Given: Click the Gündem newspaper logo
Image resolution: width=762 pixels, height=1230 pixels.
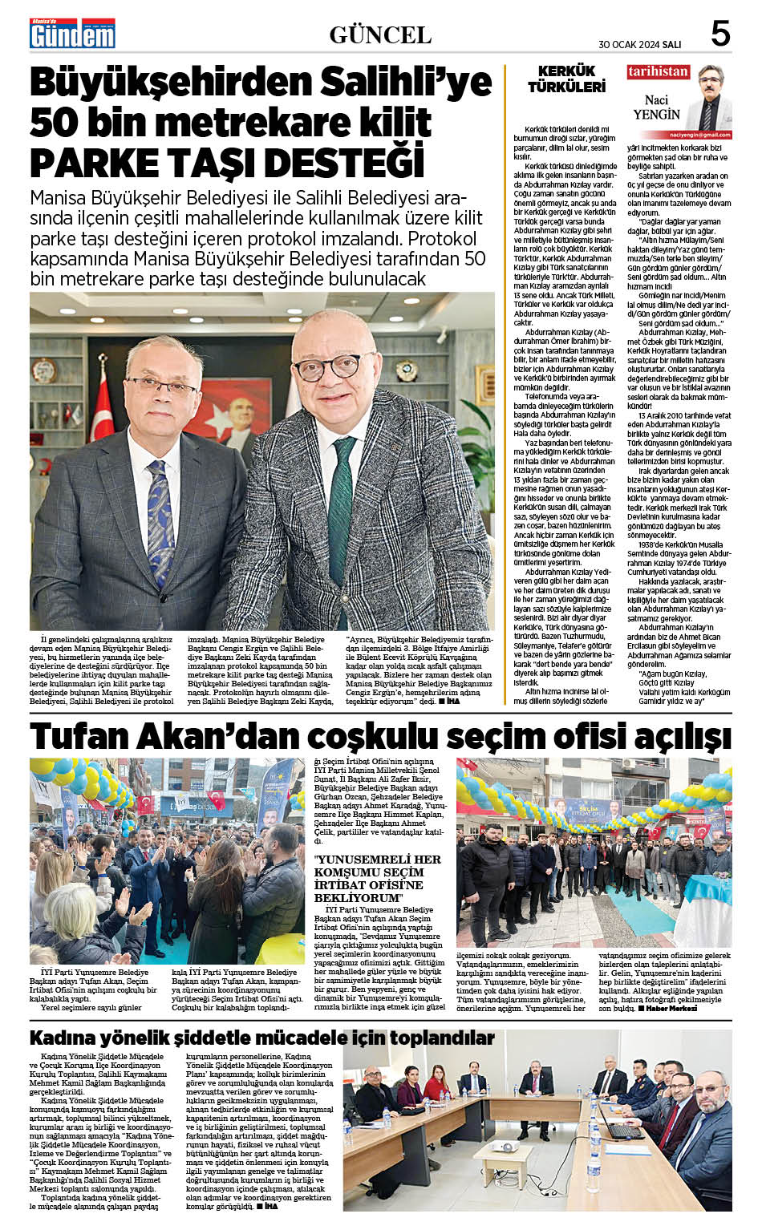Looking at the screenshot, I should click(72, 34).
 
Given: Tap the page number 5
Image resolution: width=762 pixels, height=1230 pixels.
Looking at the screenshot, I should click(719, 34).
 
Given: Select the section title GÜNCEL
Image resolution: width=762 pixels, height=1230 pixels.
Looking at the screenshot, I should click(380, 35).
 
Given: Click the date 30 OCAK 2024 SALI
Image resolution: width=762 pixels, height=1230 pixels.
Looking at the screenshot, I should click(640, 44).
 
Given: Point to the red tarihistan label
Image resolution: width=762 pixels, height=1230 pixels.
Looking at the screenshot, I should click(658, 71).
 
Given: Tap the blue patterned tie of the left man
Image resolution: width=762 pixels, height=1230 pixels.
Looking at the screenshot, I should click(160, 513).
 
